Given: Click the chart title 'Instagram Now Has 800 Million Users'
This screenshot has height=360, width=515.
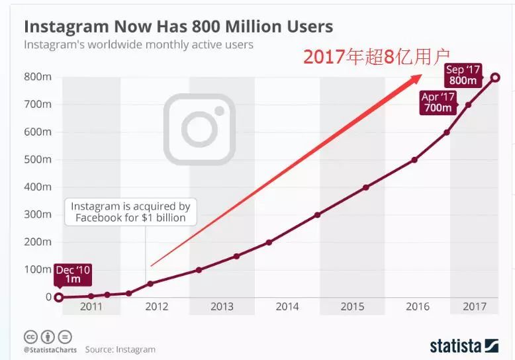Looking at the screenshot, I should pyautogui.click(x=178, y=27).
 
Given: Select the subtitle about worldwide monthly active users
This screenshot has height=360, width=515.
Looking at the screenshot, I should pyautogui.click(x=138, y=45).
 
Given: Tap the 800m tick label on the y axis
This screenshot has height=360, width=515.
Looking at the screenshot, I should pyautogui.click(x=38, y=77).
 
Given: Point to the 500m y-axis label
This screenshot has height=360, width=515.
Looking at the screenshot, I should pyautogui.click(x=38, y=159).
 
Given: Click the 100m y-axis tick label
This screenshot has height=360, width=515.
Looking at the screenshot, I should pyautogui.click(x=38, y=269).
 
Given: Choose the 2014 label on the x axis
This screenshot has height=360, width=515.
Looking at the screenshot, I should pyautogui.click(x=287, y=306).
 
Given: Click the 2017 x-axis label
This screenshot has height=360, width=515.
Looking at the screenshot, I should pyautogui.click(x=475, y=306).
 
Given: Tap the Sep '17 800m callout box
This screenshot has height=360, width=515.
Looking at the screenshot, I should pyautogui.click(x=463, y=75).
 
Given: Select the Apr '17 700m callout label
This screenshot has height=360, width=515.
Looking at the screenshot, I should pyautogui.click(x=438, y=103).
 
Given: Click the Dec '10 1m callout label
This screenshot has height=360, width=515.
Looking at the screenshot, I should pyautogui.click(x=73, y=274).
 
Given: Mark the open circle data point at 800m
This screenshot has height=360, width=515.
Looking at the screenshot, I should pyautogui.click(x=496, y=77).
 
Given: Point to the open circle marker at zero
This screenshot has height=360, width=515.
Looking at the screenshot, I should pyautogui.click(x=58, y=297).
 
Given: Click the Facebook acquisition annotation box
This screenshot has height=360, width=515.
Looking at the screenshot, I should pyautogui.click(x=130, y=212).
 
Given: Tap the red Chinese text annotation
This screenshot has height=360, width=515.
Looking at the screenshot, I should pyautogui.click(x=376, y=57).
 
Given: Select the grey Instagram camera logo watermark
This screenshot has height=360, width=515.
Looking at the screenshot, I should pyautogui.click(x=199, y=129).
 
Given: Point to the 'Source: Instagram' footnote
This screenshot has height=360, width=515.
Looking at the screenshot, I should pyautogui.click(x=120, y=349).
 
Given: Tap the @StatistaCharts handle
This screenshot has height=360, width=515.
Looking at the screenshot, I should pyautogui.click(x=50, y=349).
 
